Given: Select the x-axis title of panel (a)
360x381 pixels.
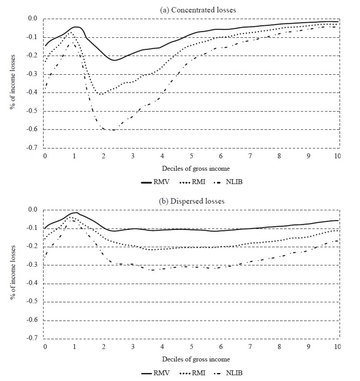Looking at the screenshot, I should [x=192, y=168].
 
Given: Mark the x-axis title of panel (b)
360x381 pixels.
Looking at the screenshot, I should [x=192, y=359].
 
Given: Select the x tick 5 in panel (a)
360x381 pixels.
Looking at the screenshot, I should [x=192, y=156].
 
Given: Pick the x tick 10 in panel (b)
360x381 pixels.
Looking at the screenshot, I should [x=337, y=347].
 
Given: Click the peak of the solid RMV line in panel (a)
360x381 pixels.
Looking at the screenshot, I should [x=76, y=27].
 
